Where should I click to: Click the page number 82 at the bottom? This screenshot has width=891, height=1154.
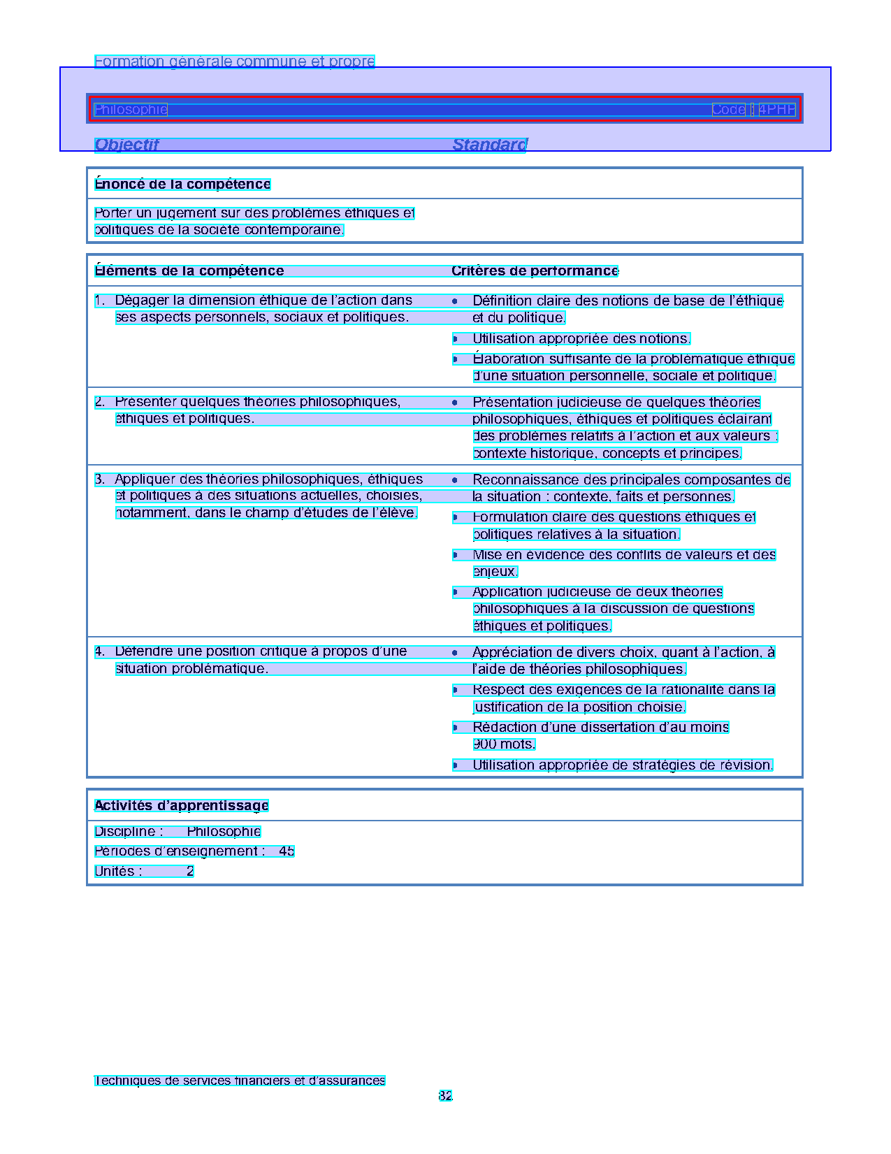[x=445, y=1096]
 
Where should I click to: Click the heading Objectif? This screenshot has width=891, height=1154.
[x=126, y=145]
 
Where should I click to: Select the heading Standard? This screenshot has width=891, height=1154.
[x=489, y=145]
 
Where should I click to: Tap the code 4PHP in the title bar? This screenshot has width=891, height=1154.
[x=776, y=110]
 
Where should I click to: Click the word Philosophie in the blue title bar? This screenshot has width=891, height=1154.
[x=131, y=110]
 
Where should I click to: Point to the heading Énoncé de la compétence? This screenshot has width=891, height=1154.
[x=182, y=185]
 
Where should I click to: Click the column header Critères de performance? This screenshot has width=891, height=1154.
[x=535, y=271]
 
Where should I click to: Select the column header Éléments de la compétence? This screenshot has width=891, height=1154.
[x=189, y=271]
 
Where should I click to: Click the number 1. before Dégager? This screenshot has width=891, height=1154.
[x=100, y=301]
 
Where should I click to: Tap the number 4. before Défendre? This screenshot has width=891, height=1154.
[x=100, y=651]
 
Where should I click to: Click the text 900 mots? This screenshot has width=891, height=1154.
[x=504, y=744]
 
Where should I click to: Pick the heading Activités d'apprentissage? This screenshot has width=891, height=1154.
[x=182, y=806]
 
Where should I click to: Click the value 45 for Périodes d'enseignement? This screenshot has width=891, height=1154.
[x=287, y=851]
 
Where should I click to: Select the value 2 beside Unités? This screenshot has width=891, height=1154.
[x=190, y=872]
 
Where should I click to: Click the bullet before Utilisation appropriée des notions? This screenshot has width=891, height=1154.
[x=455, y=339]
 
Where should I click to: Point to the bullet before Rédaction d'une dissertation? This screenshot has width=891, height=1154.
[x=455, y=728]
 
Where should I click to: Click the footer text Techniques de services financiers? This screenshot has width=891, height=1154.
[x=240, y=1081]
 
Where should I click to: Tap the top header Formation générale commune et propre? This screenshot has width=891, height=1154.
[x=235, y=62]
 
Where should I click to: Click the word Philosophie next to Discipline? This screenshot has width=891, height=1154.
[x=224, y=832]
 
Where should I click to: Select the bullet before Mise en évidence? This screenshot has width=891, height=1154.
[x=455, y=555]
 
